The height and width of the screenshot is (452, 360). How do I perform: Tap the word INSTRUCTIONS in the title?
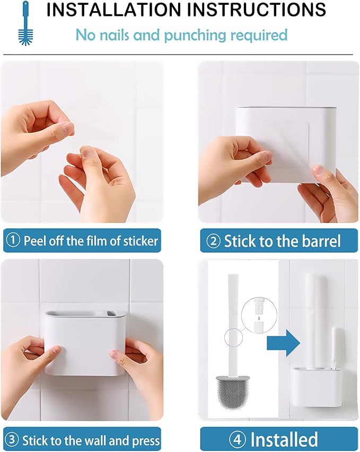[257, 9]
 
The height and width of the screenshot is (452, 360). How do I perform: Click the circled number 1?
[13, 240]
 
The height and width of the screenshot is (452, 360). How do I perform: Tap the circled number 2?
[214, 241]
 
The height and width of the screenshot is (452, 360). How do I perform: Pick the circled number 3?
[12, 440]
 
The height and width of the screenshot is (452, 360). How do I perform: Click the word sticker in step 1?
[141, 241]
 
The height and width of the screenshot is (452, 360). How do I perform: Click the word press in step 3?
[146, 441]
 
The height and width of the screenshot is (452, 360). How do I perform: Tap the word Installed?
[284, 440]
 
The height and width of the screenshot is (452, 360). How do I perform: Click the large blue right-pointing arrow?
[284, 343]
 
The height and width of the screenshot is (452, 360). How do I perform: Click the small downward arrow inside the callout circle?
[259, 318]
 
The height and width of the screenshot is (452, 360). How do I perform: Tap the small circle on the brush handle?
[234, 337]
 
